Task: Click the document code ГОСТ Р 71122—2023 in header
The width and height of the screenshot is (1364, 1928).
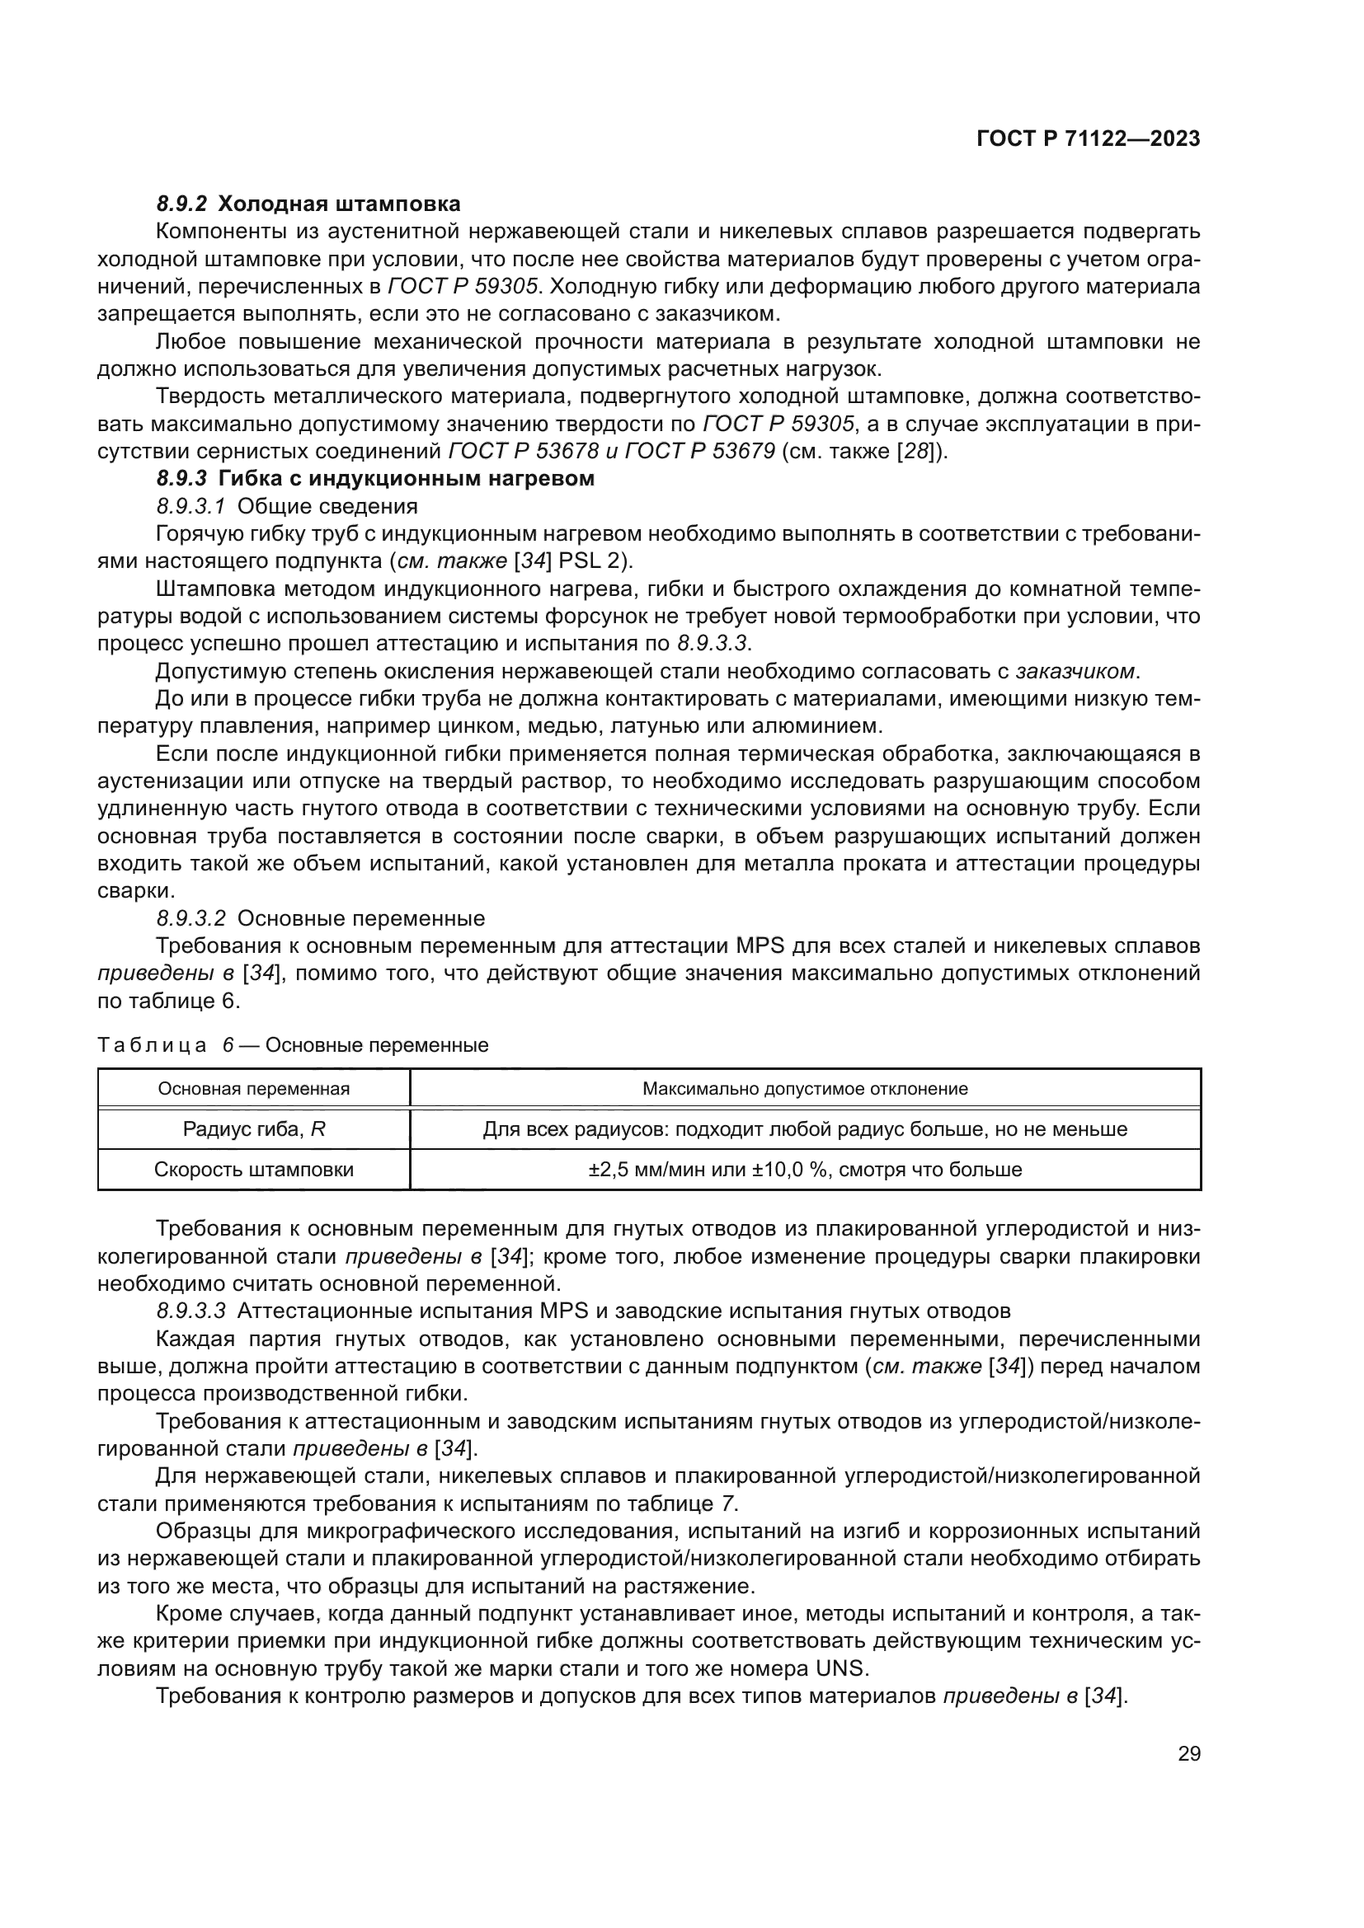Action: pyautogui.click(x=1088, y=139)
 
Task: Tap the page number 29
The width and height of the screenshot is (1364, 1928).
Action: pyautogui.click(x=1188, y=1753)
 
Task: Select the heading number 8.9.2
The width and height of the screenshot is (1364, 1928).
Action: pyautogui.click(x=181, y=204)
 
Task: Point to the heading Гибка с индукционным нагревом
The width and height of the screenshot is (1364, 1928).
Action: pyautogui.click(x=406, y=479)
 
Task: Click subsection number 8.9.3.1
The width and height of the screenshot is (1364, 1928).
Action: pyautogui.click(x=190, y=506)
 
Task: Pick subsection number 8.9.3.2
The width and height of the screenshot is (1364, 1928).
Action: pyautogui.click(x=190, y=917)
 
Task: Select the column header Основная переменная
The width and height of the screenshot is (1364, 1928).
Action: pyautogui.click(x=254, y=1089)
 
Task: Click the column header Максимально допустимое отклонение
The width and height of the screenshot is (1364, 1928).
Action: pyautogui.click(x=805, y=1089)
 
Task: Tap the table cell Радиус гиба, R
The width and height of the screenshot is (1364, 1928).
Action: pyautogui.click(x=254, y=1129)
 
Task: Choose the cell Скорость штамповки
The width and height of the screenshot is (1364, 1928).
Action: pyautogui.click(x=254, y=1170)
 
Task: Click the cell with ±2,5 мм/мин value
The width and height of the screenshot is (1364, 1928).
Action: pyautogui.click(x=805, y=1170)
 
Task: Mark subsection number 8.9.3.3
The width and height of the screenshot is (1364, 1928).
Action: pyautogui.click(x=190, y=1311)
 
